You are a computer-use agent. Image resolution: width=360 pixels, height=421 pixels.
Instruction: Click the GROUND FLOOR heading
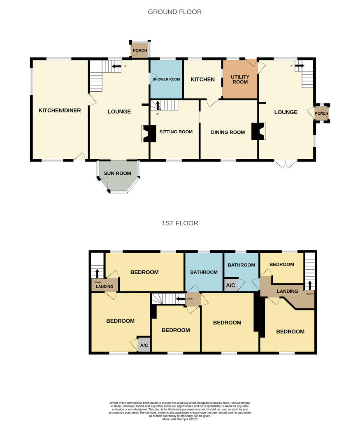coord(174,12)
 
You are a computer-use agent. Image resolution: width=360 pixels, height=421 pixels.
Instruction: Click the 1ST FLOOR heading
coord(180,223)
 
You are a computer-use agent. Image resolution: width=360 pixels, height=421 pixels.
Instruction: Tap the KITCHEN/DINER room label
coord(60,110)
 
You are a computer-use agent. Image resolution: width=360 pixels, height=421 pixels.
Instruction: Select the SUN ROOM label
coord(117,173)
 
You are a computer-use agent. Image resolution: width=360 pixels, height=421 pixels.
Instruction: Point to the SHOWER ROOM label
coord(166,79)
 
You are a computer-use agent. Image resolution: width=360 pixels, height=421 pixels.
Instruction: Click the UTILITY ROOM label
coord(240,79)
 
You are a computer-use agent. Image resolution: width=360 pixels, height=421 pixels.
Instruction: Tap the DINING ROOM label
coord(228,132)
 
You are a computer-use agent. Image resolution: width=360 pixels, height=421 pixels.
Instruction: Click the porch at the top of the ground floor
coord(139,50)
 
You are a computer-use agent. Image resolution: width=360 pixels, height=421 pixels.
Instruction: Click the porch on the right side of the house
coord(321,113)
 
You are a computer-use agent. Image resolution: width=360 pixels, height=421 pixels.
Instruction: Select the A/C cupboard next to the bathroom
coord(230,285)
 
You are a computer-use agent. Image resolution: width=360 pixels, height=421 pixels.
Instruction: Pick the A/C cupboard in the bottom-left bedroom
coord(144,345)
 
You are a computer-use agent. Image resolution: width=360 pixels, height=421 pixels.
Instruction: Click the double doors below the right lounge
coord(286,164)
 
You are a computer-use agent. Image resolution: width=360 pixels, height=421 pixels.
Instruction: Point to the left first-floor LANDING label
coord(105,287)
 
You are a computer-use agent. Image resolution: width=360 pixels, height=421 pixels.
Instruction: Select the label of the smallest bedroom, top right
coord(281,264)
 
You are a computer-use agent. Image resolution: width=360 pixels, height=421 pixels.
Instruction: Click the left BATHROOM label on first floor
coord(204,272)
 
